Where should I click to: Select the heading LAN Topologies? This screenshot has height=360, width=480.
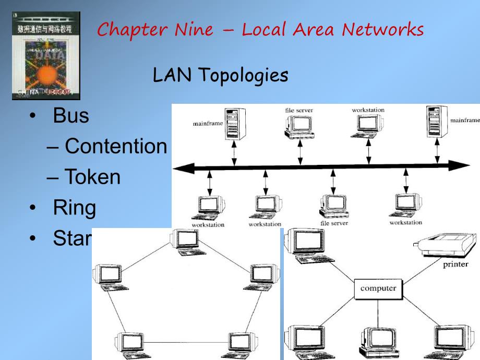220,76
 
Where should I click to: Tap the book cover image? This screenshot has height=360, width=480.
46,56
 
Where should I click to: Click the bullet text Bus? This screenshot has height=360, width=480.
71,116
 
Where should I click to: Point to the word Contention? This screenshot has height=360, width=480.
115,147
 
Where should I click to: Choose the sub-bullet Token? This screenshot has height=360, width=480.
92,177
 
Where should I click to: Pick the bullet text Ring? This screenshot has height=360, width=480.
75,208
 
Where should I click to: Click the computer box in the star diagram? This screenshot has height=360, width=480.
378,289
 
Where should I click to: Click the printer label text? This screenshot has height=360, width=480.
455,265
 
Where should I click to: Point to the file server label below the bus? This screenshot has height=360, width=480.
333,223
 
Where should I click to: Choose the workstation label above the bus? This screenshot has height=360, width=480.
368,110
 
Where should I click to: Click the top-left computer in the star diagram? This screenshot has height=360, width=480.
310,245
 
